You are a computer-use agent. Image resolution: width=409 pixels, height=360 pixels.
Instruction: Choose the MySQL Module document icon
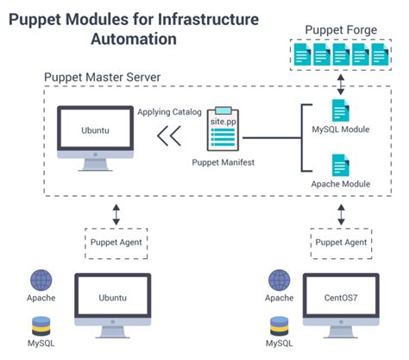tap(340, 111)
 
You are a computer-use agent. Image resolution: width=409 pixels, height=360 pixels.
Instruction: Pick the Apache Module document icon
tap(340, 164)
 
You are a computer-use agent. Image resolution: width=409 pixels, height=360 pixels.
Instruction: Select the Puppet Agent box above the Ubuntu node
tap(114, 242)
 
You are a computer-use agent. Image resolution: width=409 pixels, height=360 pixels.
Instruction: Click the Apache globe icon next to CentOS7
tap(279, 281)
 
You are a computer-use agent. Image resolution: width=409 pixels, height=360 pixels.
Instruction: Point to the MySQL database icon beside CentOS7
tap(279, 326)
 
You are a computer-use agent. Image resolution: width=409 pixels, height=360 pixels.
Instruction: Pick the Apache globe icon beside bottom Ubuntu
tap(41, 281)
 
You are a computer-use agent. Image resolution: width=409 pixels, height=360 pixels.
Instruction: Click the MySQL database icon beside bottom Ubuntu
tap(41, 326)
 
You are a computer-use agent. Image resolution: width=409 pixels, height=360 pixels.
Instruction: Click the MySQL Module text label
tap(341, 131)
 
